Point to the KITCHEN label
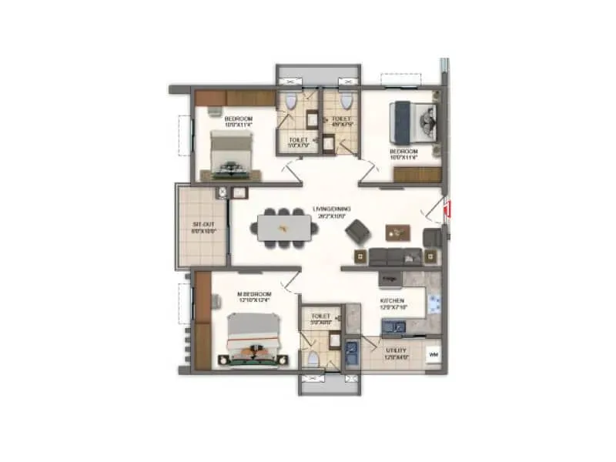393,301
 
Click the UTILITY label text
397,351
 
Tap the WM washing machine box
434,353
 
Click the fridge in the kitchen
390,278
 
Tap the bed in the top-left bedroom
233,152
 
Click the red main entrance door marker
448,207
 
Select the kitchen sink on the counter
394,329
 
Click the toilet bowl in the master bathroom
312,360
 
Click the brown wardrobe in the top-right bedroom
417,175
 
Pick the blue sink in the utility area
353,352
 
